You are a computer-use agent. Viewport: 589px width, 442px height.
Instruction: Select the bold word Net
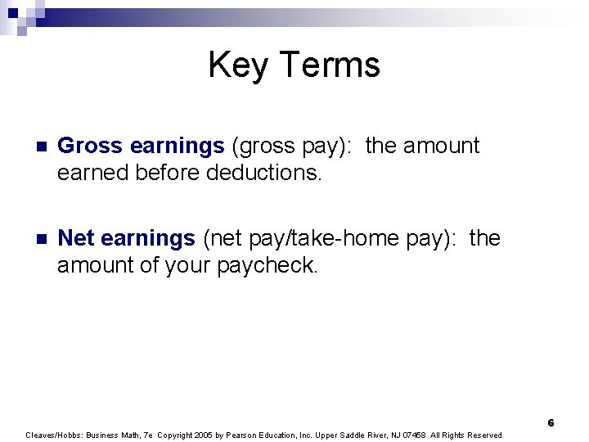click(77, 238)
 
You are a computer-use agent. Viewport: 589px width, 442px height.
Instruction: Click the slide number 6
click(551, 423)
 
